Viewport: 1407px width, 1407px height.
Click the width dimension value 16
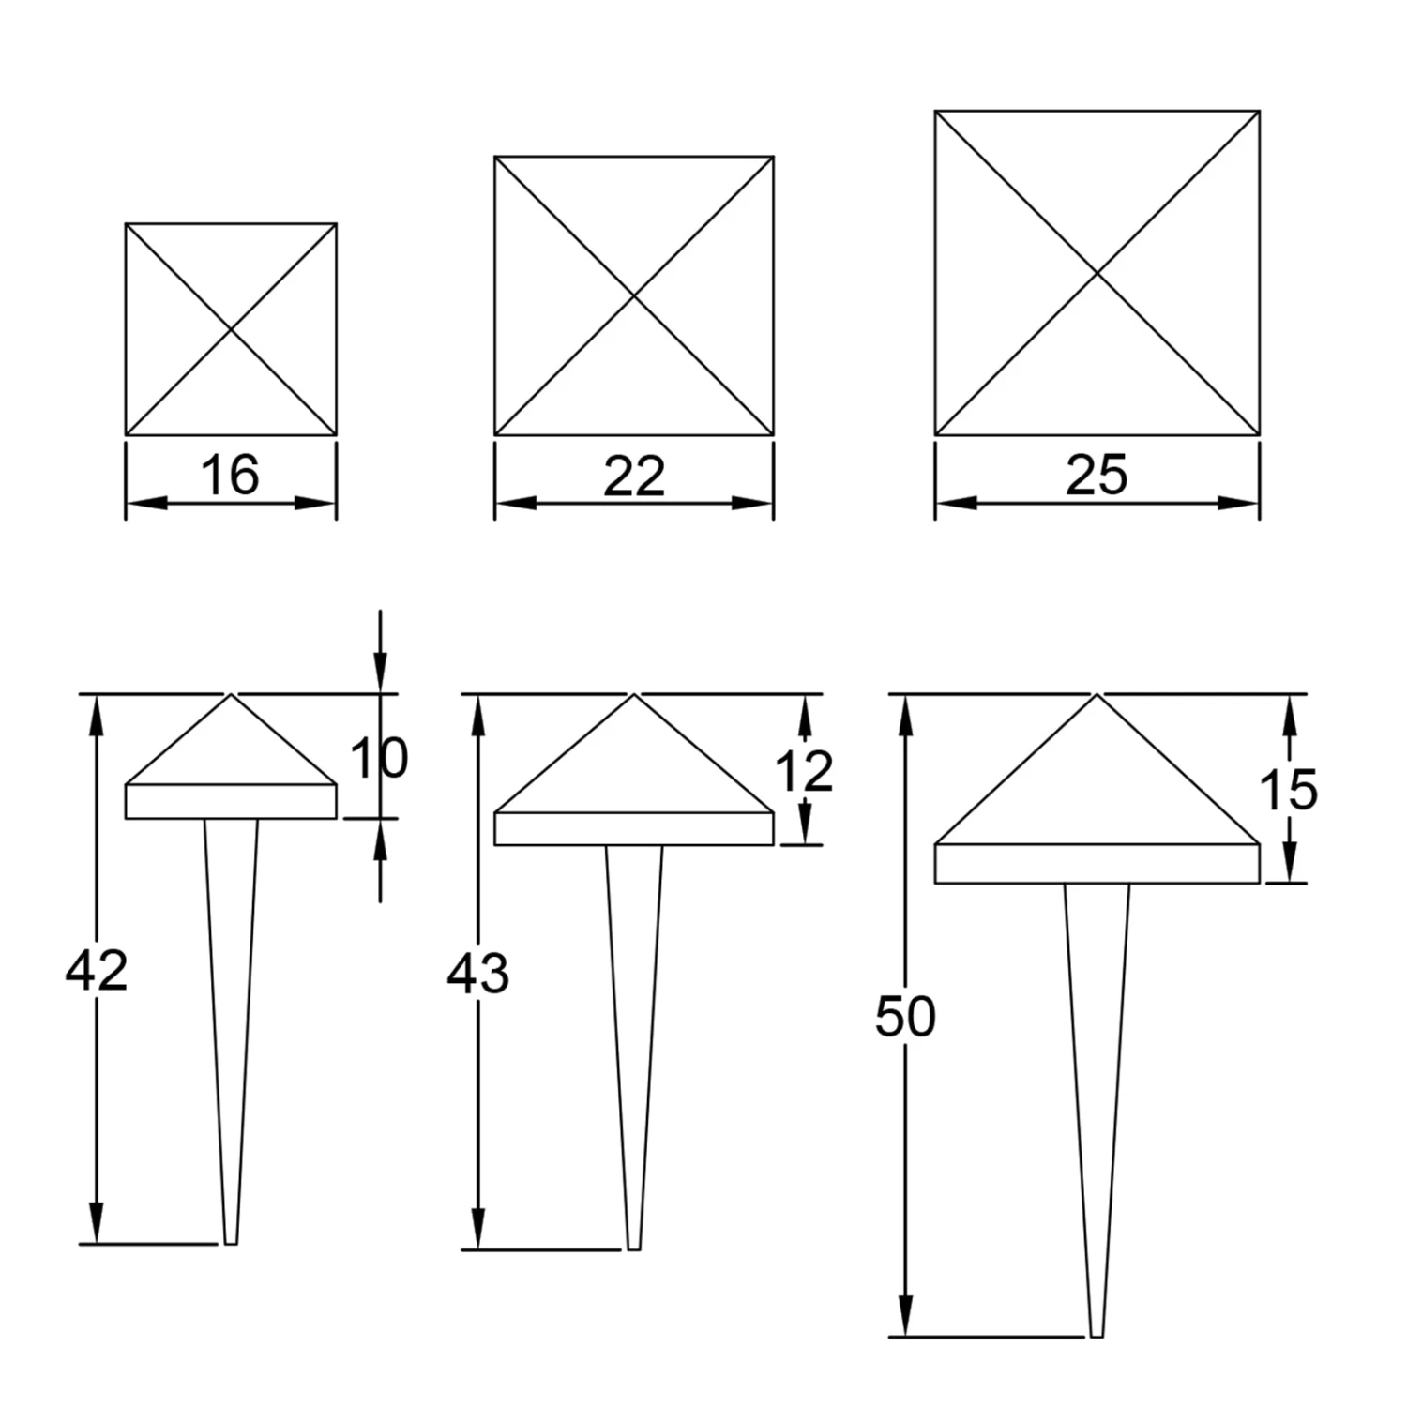point(230,475)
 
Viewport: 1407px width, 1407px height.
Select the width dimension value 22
point(634,477)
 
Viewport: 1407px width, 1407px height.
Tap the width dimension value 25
point(1097,475)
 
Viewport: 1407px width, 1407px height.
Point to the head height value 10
point(379,758)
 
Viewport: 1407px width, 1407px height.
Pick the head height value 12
point(804,772)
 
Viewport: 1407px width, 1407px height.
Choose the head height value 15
point(1288,789)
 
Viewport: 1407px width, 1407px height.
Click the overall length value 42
point(96,970)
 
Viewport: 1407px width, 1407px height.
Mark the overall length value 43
point(477,974)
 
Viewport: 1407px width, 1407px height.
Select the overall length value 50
point(905,1017)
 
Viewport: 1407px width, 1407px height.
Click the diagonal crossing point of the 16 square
point(231,329)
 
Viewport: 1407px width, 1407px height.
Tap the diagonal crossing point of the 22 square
point(634,296)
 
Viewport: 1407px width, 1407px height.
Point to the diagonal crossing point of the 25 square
point(1097,273)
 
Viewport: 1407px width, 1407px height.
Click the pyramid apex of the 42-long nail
point(231,694)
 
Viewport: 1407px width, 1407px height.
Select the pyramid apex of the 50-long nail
point(1097,694)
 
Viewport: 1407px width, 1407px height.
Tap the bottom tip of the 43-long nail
point(634,1249)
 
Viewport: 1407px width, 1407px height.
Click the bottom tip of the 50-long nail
point(1097,1336)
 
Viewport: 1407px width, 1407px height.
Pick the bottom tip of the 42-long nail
point(231,1244)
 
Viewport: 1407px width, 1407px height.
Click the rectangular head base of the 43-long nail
point(634,828)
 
